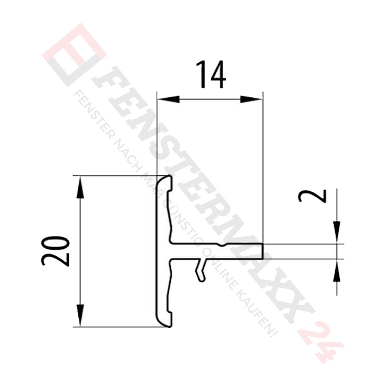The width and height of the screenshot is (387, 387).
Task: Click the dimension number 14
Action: [211, 75]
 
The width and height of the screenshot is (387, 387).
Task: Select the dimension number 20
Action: [55, 251]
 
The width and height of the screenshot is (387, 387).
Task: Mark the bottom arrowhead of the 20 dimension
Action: [80, 315]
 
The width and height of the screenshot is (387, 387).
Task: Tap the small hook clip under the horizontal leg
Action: [200, 270]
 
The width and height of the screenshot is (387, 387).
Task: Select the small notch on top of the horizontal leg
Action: [220, 245]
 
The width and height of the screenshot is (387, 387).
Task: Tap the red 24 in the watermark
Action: [320, 342]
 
